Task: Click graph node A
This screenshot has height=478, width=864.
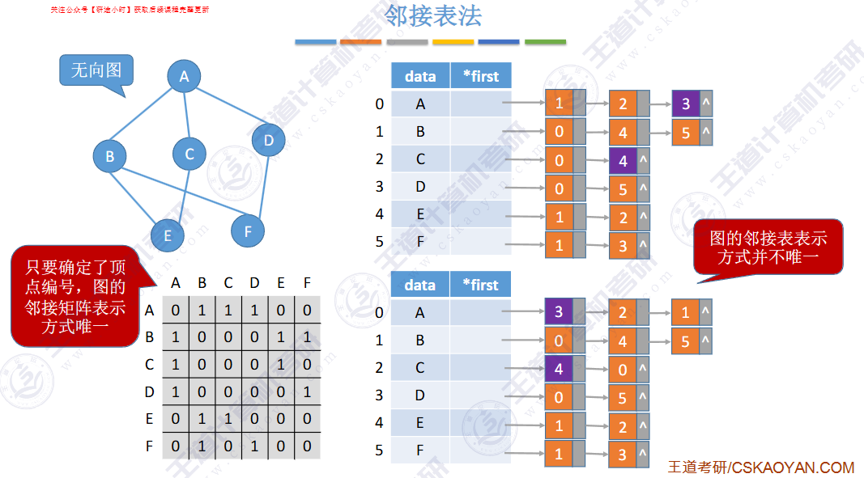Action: pos(184,77)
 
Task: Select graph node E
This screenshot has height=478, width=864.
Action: pos(168,235)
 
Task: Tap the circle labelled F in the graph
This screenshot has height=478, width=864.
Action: pos(248,231)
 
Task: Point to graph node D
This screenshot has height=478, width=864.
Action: pos(268,141)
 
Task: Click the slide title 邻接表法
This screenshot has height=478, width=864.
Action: pos(433,15)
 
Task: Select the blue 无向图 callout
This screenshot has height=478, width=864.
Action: pos(96,70)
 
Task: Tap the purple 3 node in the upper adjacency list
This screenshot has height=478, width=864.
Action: pos(686,104)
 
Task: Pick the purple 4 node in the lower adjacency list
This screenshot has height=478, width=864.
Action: pos(559,368)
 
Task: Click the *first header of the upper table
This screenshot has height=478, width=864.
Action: pos(481,76)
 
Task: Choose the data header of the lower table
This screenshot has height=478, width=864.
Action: pos(420,285)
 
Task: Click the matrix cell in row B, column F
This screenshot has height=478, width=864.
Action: pos(307,337)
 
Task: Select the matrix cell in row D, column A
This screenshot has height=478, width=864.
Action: pos(176,392)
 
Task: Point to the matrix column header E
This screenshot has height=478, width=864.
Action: pos(281,283)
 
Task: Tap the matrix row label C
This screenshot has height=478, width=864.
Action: pos(149,365)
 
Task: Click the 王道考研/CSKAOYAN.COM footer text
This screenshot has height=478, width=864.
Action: pos(761,467)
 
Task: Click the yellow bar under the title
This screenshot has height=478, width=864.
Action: pos(453,41)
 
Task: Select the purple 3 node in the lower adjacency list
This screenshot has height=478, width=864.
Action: pos(559,311)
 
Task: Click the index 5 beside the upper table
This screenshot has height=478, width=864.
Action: pos(379,241)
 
